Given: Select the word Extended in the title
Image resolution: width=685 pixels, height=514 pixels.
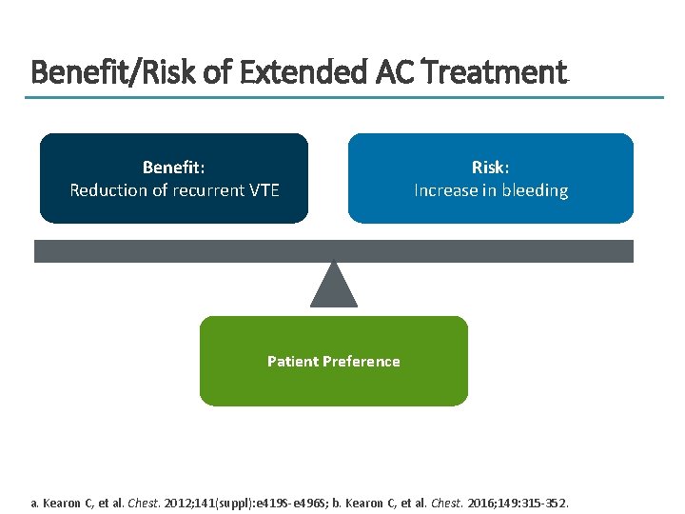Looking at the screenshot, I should coord(288,72).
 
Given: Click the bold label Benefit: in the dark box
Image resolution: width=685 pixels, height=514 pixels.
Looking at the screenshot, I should coord(174,168).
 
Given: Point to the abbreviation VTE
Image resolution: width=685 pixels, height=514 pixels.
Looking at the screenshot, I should coord(263,190).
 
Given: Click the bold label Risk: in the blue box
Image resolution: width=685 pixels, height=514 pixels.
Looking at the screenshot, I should coord(490,168).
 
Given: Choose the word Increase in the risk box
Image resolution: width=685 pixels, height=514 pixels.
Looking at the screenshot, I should coord(445,190).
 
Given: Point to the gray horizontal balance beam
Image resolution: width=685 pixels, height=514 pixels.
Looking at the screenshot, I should coord(334,250).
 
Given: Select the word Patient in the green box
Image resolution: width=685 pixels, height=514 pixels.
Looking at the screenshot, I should coord(293,362).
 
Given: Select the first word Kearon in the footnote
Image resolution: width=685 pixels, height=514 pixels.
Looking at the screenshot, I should coord(63,502).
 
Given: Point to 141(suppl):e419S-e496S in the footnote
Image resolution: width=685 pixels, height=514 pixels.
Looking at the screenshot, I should coord(265,502).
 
